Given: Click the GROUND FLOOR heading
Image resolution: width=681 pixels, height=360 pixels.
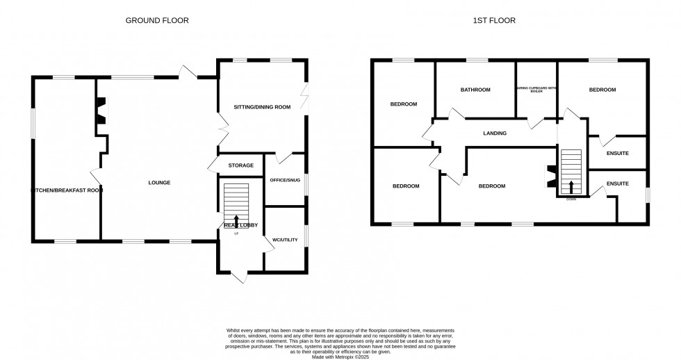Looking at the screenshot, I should [156, 21].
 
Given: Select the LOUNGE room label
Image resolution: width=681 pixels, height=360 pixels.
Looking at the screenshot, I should [159, 183].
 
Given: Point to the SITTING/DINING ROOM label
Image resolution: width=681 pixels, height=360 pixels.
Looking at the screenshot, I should [261, 107].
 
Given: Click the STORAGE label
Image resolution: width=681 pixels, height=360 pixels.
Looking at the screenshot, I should [240, 165].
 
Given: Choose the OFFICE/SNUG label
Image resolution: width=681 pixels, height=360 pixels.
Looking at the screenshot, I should [285, 180].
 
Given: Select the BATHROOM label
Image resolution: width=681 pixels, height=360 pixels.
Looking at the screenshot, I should [475, 90].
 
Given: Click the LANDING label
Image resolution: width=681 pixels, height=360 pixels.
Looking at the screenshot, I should [495, 133].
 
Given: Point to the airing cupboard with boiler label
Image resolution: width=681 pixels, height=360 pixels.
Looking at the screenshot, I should [536, 90].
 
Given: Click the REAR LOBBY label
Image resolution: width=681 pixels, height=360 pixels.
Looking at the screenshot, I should [240, 225].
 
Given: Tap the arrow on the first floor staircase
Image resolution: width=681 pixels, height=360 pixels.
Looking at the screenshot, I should [572, 186].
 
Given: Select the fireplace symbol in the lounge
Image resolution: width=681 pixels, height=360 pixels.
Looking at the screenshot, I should [102, 111].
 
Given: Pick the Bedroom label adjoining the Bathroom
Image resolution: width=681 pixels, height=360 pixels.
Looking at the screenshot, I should [403, 104].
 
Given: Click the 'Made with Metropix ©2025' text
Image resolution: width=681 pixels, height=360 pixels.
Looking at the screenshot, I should [340, 357].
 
